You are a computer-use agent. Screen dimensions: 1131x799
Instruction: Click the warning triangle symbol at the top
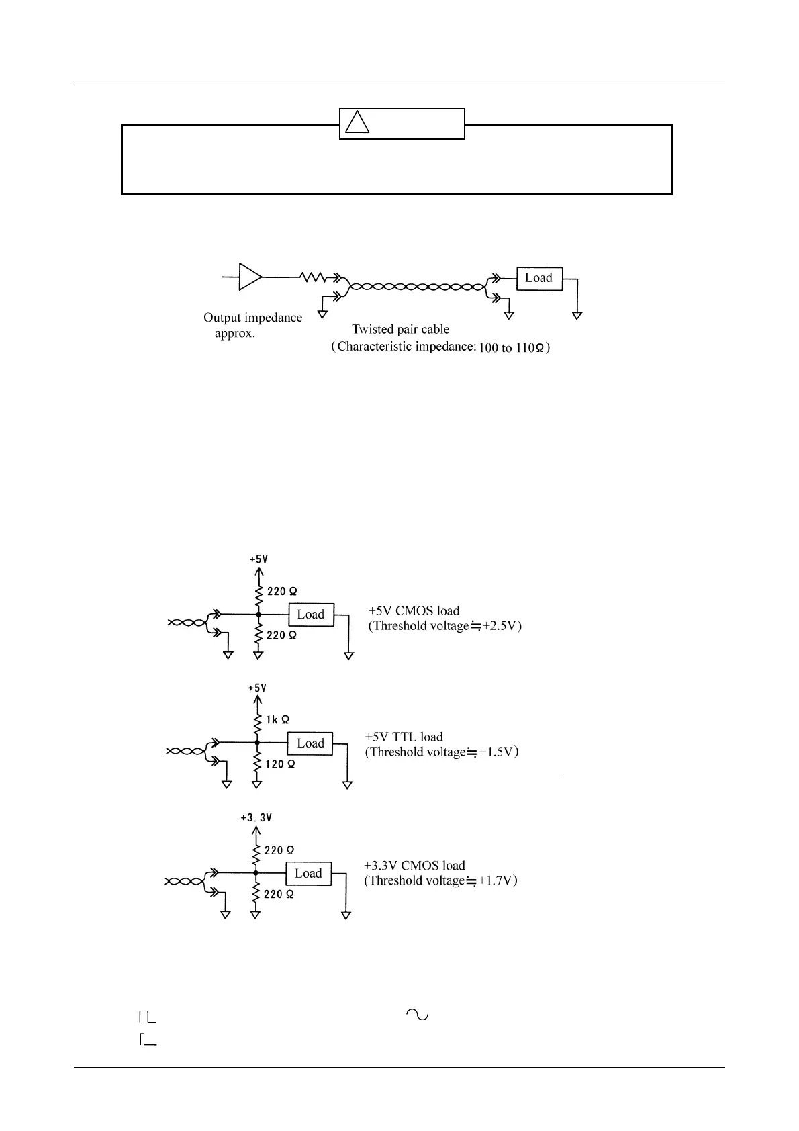coord(357,123)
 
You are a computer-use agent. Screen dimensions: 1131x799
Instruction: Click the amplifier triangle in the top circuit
coord(250,277)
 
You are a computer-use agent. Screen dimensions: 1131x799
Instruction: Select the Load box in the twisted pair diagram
coord(538,278)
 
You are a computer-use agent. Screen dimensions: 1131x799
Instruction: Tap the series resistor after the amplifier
coord(313,277)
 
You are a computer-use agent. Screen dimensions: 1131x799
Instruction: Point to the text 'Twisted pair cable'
coord(400,329)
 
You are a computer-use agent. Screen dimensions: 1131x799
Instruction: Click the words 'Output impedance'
coord(252,318)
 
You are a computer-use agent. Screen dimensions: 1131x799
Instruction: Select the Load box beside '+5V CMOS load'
coord(311,615)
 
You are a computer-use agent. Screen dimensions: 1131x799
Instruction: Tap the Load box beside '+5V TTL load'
coord(310,743)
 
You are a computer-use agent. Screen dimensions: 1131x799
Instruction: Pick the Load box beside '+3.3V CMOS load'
coord(308,874)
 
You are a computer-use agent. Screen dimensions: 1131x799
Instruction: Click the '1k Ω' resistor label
coord(277,719)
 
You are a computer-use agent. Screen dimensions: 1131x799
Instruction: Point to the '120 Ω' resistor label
coord(280,764)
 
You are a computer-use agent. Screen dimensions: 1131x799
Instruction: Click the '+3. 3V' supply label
coord(256,817)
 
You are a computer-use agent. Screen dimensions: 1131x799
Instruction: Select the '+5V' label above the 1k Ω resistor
coord(257,688)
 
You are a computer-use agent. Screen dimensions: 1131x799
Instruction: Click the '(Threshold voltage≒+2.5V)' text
coord(444,626)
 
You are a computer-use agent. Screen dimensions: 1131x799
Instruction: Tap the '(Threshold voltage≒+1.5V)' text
coord(442,752)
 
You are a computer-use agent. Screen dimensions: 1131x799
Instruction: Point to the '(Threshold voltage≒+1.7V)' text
coord(440,880)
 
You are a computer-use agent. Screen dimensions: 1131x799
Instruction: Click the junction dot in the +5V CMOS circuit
coord(258,614)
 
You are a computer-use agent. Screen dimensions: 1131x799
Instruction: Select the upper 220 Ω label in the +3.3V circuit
coord(279,850)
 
